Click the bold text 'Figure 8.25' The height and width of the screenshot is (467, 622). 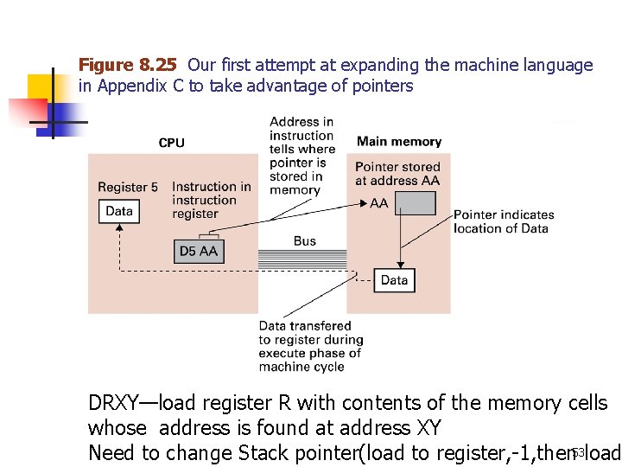(x=128, y=65)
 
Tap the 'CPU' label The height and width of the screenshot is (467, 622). (x=171, y=143)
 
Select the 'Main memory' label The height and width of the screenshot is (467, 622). (x=398, y=142)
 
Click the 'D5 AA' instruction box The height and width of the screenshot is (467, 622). (x=199, y=251)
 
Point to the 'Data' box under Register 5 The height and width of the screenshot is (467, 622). (x=118, y=211)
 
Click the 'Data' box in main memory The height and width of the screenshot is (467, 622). (x=393, y=280)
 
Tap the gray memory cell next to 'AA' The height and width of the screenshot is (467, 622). (x=416, y=203)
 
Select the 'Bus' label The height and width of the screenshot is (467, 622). (x=304, y=241)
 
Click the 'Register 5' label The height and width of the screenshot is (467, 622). (x=128, y=187)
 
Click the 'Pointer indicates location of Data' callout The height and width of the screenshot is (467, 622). (x=504, y=221)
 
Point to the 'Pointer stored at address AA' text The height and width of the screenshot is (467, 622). (x=397, y=173)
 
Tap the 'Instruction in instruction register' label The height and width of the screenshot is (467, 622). (x=212, y=200)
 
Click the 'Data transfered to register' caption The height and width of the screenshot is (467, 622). (x=310, y=346)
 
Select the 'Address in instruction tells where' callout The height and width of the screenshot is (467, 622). (x=301, y=156)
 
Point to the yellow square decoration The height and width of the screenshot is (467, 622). (x=41, y=86)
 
